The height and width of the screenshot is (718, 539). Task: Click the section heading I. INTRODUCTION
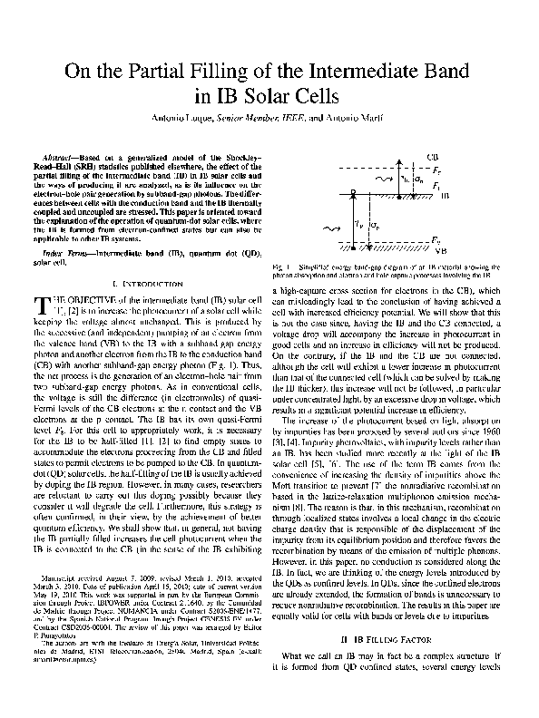[x=143, y=286]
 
